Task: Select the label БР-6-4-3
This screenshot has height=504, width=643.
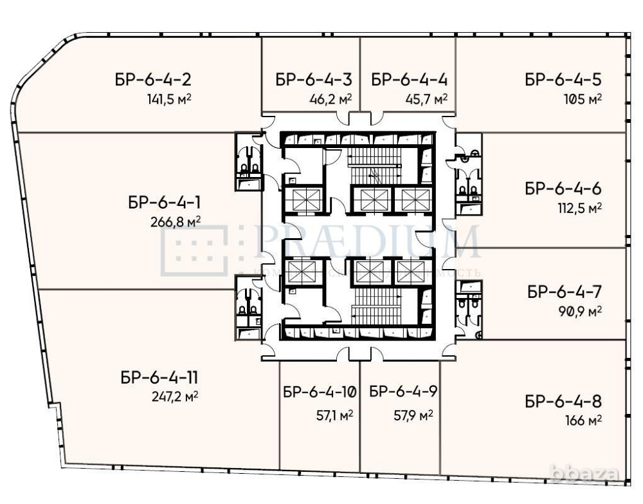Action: [x=314, y=80]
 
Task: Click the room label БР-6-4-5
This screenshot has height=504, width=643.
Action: [x=563, y=80]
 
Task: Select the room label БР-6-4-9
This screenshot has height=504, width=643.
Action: [x=404, y=391]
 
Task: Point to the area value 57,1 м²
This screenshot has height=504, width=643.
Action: [x=334, y=416]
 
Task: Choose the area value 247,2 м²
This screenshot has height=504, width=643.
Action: [x=173, y=397]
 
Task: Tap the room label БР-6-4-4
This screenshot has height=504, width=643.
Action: [x=409, y=80]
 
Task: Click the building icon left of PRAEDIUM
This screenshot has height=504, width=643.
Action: [x=195, y=250]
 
